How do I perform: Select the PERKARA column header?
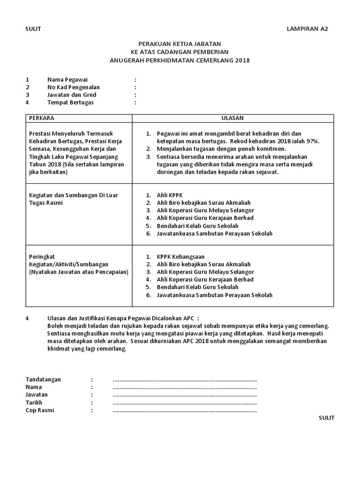click(x=41, y=118)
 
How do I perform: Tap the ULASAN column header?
click(x=232, y=118)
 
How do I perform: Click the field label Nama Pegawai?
click(x=67, y=80)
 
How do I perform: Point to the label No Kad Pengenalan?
click(x=73, y=87)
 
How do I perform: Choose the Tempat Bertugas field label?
click(x=70, y=103)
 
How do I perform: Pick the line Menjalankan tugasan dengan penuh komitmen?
click(x=221, y=149)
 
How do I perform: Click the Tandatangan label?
click(x=43, y=379)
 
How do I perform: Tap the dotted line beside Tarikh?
click(x=185, y=403)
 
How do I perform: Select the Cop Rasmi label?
click(x=40, y=411)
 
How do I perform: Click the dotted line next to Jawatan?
click(x=185, y=395)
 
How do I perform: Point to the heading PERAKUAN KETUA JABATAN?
click(x=180, y=45)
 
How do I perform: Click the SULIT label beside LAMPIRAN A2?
click(x=33, y=29)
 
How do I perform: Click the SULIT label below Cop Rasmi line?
click(x=327, y=418)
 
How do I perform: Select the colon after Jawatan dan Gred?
click(x=135, y=95)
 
